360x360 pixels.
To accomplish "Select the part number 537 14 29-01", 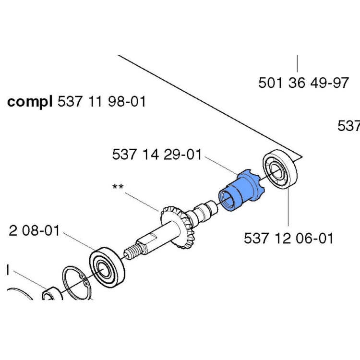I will click(x=156, y=155).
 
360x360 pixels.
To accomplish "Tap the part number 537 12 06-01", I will click(x=288, y=238).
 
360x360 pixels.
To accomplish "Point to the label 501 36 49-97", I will click(x=303, y=83).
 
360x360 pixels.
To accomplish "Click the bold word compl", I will click(x=30, y=102).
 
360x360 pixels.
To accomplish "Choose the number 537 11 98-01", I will click(x=101, y=102).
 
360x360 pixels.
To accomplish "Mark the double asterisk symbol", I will click(x=118, y=186).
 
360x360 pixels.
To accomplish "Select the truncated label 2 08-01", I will click(x=34, y=231).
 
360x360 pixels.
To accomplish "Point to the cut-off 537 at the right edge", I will click(x=349, y=126).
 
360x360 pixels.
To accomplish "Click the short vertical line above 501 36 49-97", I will click(x=298, y=65).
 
